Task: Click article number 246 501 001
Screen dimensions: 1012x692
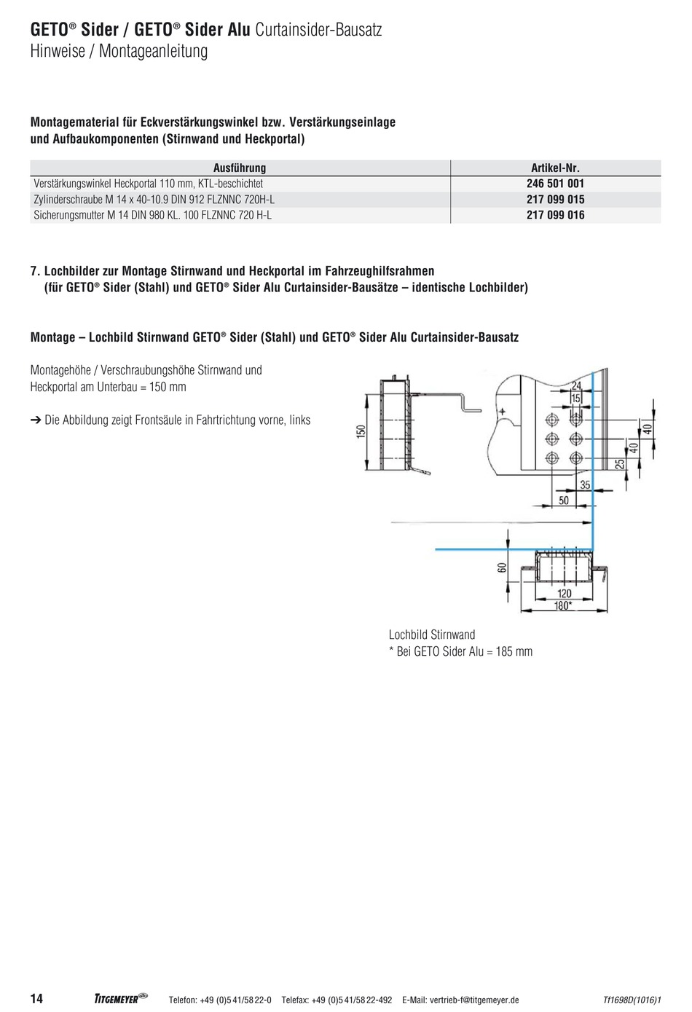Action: (x=555, y=184)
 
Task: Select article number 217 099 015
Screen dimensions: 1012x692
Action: (x=555, y=199)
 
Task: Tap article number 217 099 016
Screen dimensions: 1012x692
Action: (x=555, y=215)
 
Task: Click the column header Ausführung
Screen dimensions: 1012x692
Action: (x=240, y=168)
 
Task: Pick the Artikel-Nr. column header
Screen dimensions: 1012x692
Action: (x=555, y=168)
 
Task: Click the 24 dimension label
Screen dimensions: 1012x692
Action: (x=576, y=386)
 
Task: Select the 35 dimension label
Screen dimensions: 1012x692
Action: (x=585, y=485)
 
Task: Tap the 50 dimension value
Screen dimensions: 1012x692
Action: (x=564, y=501)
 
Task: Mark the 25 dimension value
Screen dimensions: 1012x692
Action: (x=620, y=464)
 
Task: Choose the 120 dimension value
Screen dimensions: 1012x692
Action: (x=564, y=594)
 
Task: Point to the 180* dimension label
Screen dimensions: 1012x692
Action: (x=563, y=605)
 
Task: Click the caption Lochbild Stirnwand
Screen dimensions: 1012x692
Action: (x=432, y=635)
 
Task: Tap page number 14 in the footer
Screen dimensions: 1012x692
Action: (x=36, y=998)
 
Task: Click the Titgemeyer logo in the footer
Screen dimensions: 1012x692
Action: (x=121, y=998)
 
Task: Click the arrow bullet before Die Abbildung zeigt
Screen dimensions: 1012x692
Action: (x=36, y=420)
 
